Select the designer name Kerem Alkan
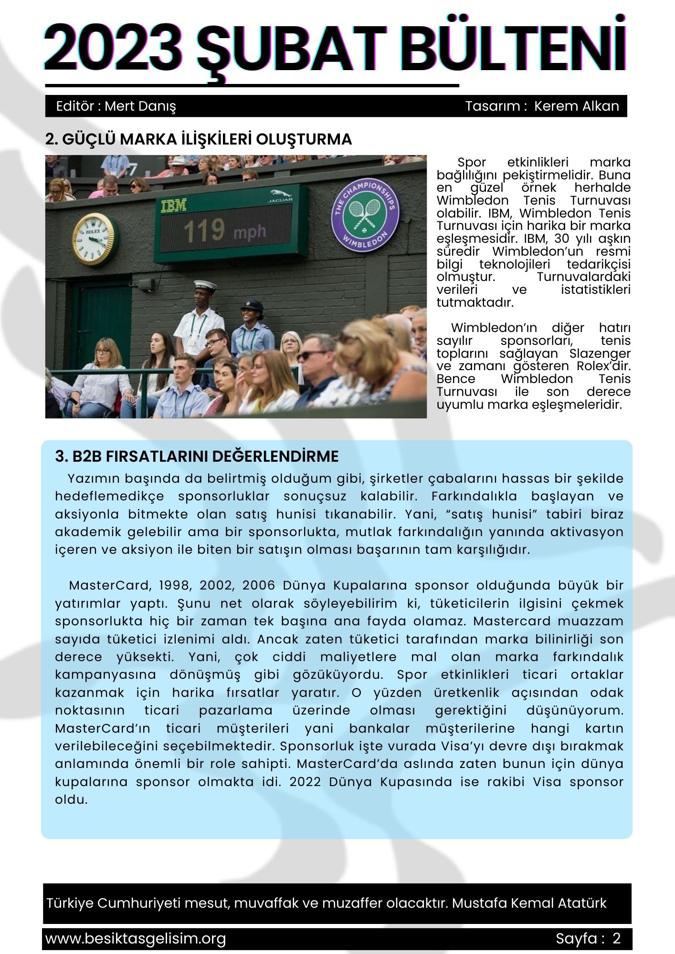click(576, 106)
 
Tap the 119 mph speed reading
click(224, 231)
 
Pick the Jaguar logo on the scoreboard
click(280, 196)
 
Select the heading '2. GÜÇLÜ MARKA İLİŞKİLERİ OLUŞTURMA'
click(199, 139)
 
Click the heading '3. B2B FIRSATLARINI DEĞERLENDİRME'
click(197, 456)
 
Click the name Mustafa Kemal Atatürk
click(529, 903)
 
